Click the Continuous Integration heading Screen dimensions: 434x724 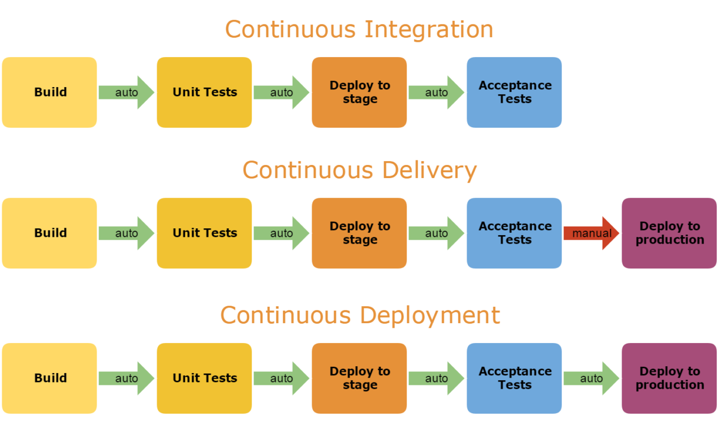tap(359, 29)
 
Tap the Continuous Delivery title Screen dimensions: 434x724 tap(359, 170)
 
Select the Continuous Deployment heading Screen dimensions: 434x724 tap(360, 315)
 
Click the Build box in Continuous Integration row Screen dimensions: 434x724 tap(50, 92)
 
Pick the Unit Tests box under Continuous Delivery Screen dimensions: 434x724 tap(204, 233)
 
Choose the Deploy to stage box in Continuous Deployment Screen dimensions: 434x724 tap(359, 378)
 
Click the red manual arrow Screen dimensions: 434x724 tap(591, 233)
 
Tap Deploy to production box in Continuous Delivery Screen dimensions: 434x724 tap(669, 233)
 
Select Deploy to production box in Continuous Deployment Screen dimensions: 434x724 tap(669, 378)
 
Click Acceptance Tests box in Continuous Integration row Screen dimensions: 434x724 tap(514, 92)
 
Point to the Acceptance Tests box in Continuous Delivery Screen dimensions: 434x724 tap(514, 233)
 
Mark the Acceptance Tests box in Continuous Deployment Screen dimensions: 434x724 tap(514, 378)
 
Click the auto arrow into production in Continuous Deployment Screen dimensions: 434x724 tap(591, 378)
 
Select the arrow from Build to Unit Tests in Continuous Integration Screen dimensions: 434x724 tap(126, 92)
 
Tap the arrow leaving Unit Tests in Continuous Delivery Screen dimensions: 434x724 tap(281, 233)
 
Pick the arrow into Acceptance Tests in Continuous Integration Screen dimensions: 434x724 tap(436, 92)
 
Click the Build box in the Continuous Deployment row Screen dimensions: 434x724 tap(50, 378)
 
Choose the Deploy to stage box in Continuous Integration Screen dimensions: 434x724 tap(359, 92)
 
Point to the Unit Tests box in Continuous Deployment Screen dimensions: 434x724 tap(204, 378)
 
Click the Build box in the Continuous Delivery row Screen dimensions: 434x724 tap(50, 233)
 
